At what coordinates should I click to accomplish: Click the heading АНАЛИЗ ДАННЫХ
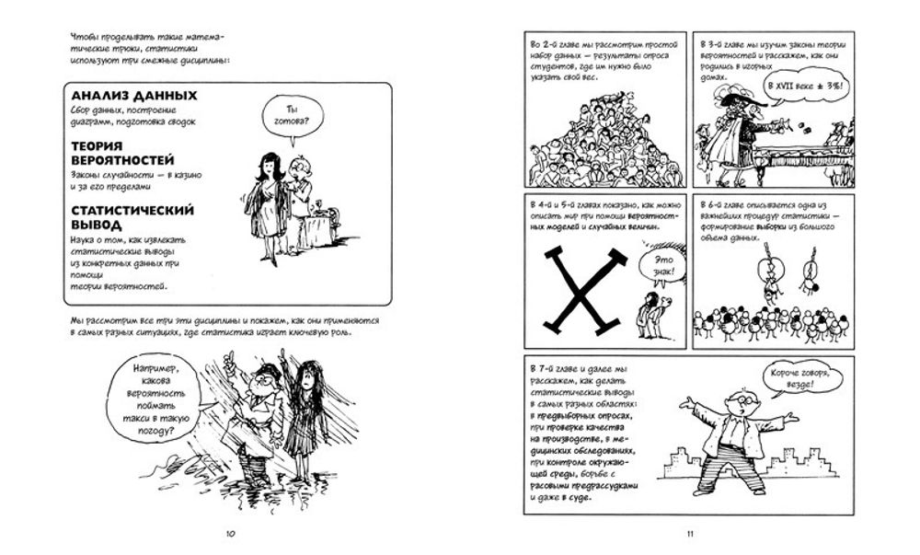tap(134, 96)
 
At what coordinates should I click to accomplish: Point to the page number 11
tap(689, 533)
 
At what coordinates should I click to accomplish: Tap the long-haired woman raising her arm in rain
tap(300, 405)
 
